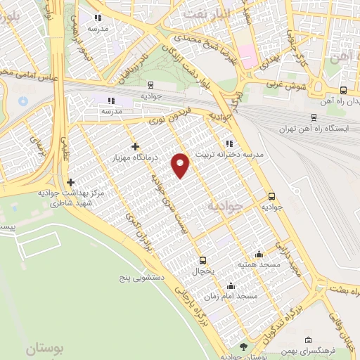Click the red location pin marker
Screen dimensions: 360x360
click(x=181, y=164)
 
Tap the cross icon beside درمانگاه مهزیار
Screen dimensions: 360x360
click(x=135, y=146)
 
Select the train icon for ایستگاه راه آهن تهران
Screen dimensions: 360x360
click(x=313, y=118)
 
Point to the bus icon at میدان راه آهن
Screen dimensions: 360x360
click(x=343, y=90)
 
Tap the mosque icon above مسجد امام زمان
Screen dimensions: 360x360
click(x=231, y=285)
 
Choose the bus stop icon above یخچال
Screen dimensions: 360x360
click(x=202, y=259)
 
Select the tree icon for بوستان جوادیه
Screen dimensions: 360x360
click(x=243, y=347)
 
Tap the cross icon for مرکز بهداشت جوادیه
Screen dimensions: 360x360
click(x=70, y=183)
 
